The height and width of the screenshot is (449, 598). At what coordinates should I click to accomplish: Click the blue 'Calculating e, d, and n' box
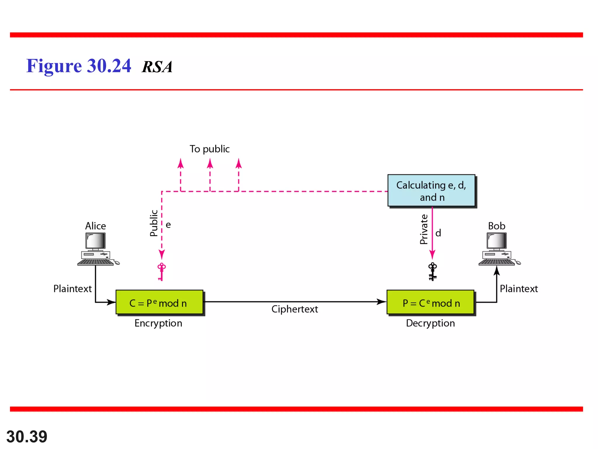pos(431,191)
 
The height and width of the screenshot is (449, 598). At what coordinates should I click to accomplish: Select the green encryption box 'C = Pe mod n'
pos(159,302)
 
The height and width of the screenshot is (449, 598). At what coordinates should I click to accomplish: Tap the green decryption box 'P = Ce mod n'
pos(430,302)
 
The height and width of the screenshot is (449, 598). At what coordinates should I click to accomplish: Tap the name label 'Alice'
pos(95,226)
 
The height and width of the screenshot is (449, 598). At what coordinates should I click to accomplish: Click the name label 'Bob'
pos(496,226)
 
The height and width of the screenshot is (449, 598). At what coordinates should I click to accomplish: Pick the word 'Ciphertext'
pos(295,309)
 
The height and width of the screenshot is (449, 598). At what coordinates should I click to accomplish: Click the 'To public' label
pos(210,149)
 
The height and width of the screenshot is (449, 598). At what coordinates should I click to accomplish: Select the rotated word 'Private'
pos(424,229)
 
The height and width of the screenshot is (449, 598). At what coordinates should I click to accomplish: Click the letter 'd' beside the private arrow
pos(438,233)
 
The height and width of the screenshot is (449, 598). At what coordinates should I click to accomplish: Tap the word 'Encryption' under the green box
pos(158,323)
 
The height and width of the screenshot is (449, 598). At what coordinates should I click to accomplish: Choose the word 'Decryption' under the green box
pos(430,323)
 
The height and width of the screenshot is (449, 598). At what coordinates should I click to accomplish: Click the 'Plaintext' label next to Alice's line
pos(72,289)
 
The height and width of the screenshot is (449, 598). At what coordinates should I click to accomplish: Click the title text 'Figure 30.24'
pos(79,66)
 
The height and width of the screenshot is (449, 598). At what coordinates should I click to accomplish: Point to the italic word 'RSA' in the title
pos(157,67)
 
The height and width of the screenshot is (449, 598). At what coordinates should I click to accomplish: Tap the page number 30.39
pos(27,437)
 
